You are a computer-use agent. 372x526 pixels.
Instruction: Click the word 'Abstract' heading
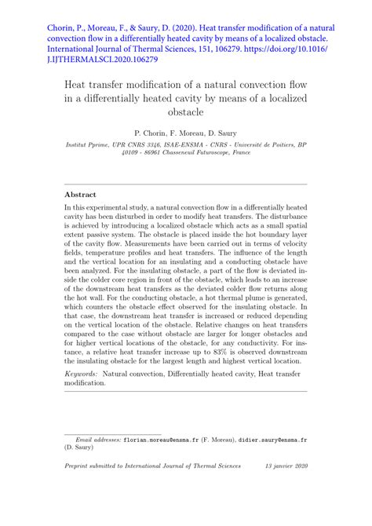click(81, 194)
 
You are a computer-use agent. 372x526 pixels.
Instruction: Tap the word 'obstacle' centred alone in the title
click(186, 112)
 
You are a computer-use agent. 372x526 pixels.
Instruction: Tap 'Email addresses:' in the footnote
click(97, 441)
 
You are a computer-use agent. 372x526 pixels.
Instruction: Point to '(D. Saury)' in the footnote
click(80, 450)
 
